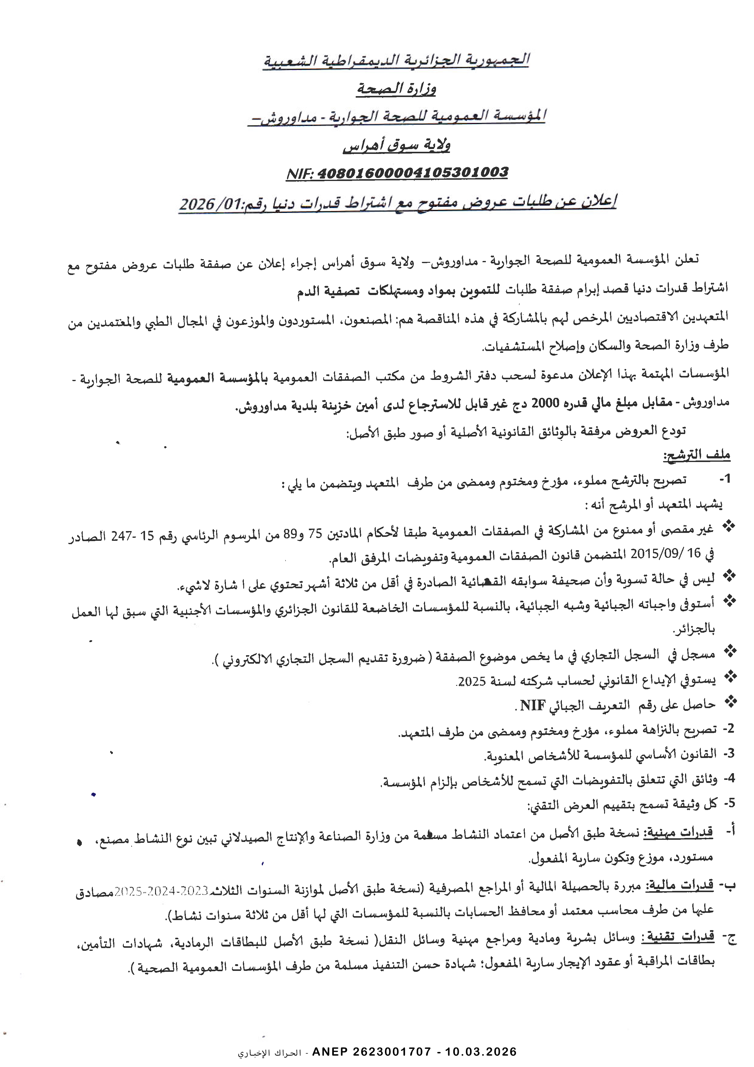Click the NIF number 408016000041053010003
tap(413, 173)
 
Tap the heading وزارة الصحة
tap(396, 88)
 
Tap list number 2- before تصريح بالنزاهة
tap(728, 729)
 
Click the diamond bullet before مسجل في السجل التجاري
tap(730, 652)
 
